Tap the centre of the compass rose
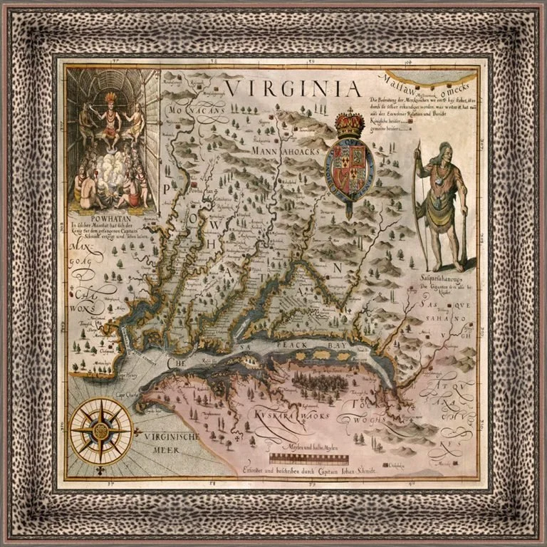coord(101,430)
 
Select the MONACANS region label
coord(196,112)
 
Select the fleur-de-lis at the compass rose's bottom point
coord(101,469)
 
